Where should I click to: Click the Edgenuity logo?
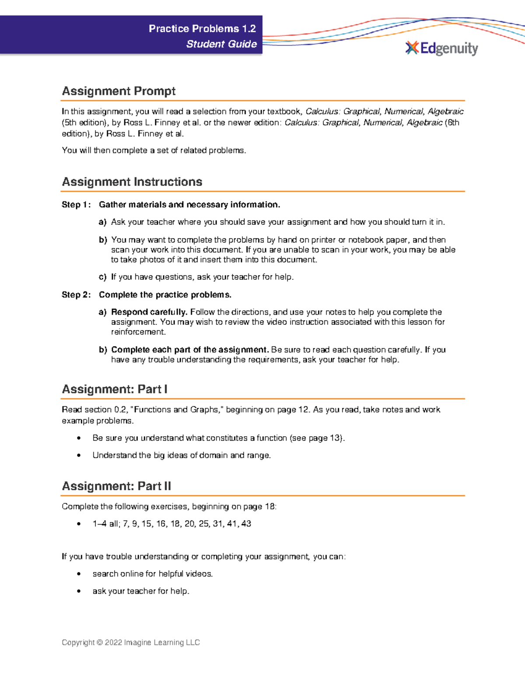coord(441,48)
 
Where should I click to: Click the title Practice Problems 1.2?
coord(202,29)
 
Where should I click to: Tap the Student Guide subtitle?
coord(221,44)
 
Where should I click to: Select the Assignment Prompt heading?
coord(119,91)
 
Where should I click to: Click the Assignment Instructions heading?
coord(132,182)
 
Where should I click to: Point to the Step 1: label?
coord(76,205)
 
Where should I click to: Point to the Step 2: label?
coord(76,295)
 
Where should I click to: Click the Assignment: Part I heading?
coord(115,389)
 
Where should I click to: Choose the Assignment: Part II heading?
coord(116,486)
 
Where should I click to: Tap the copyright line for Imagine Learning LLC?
coord(130,642)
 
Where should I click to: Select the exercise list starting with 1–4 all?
coord(171,524)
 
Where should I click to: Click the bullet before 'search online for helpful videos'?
coord(79,574)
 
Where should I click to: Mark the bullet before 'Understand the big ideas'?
coord(79,456)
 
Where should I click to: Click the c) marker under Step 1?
coord(103,277)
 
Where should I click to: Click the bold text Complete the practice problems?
coord(165,295)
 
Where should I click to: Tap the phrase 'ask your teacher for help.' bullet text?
coord(141,591)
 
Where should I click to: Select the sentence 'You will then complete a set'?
coord(154,150)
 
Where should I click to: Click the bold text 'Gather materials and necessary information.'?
coord(189,205)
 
